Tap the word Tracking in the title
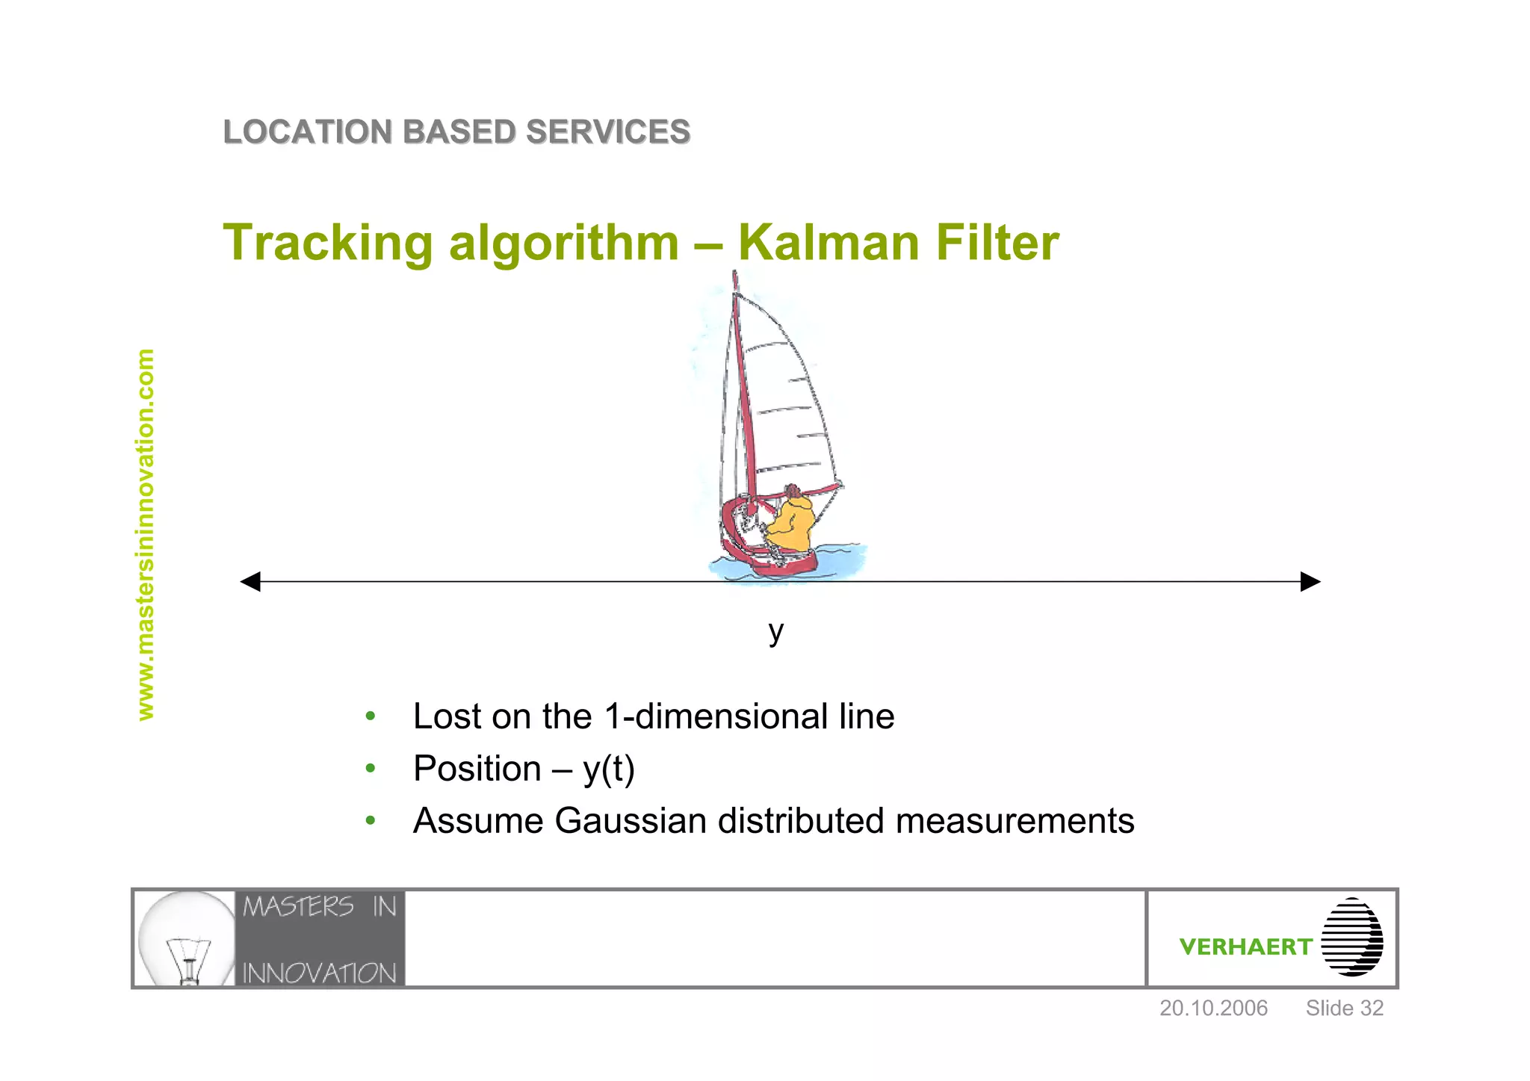pos(327,244)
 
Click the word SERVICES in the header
pos(607,132)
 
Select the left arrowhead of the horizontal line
pos(251,581)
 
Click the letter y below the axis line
pos(776,631)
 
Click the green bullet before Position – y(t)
pos(370,768)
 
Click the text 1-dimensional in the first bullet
pos(715,716)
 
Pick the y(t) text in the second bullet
pos(609,769)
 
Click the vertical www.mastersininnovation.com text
pos(146,534)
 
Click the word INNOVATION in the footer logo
pos(319,973)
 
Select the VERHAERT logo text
pos(1245,947)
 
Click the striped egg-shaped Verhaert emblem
pos(1351,937)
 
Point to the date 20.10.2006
pos(1213,1008)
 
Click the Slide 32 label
pos(1344,1008)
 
